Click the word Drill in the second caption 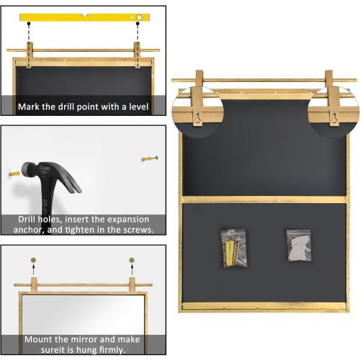(x=30, y=220)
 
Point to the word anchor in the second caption (x=37, y=230)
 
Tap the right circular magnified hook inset (x=333, y=109)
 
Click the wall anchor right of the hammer (x=149, y=158)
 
